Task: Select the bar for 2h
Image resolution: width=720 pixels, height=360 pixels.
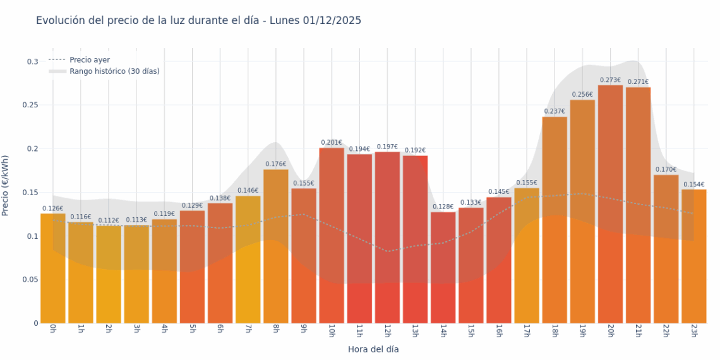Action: (x=109, y=274)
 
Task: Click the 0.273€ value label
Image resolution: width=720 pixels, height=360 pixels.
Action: (x=610, y=80)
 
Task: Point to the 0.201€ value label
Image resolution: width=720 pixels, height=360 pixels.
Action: (x=332, y=143)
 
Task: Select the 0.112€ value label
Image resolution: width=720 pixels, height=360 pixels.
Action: (x=109, y=220)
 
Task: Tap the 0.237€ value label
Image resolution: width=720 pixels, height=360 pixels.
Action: (x=555, y=112)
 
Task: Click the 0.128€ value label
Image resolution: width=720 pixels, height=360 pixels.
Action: (x=443, y=207)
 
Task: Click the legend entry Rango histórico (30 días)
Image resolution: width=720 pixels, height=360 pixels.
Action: (x=114, y=71)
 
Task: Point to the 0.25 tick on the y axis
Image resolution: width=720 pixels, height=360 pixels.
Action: (x=30, y=105)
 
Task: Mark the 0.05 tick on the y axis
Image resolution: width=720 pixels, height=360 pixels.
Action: (x=30, y=280)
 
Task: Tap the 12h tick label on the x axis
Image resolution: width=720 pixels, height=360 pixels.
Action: (x=387, y=331)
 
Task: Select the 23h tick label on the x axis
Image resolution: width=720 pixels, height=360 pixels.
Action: (x=693, y=331)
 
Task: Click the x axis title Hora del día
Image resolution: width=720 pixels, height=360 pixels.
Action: (x=373, y=349)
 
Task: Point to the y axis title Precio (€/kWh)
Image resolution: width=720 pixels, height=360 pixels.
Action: (x=6, y=186)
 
